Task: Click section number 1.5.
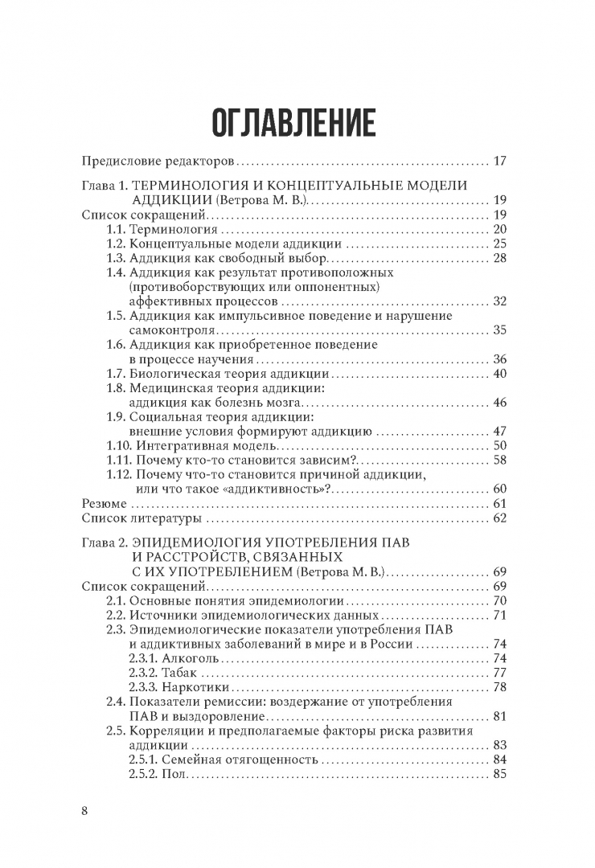(x=117, y=316)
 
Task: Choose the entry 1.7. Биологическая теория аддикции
(x=217, y=374)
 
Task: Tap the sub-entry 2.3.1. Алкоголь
(x=169, y=659)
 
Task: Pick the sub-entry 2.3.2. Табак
(x=161, y=674)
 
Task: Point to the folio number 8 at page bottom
(x=85, y=810)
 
